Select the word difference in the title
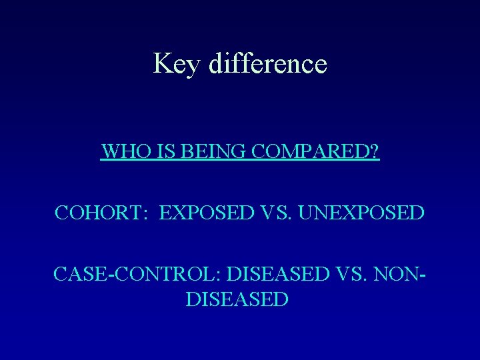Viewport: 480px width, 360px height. (x=267, y=63)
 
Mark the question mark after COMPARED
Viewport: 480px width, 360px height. (x=375, y=153)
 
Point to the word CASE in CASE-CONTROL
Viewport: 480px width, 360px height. (x=79, y=273)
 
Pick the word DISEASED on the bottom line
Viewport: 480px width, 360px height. (x=237, y=299)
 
